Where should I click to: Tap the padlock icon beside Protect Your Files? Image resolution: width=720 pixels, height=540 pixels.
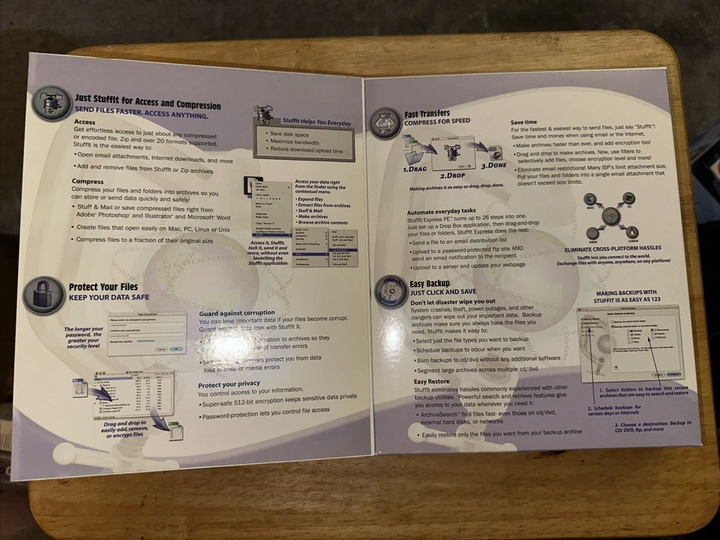click(43, 294)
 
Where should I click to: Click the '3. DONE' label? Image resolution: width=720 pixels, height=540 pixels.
click(495, 166)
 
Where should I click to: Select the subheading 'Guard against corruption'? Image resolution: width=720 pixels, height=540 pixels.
click(237, 313)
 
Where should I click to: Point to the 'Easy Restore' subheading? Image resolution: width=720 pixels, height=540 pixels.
click(432, 381)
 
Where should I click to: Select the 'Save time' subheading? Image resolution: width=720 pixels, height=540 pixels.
click(523, 121)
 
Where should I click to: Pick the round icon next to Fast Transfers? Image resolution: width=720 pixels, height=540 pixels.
click(385, 122)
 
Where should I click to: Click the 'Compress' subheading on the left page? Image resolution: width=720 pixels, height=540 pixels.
click(88, 181)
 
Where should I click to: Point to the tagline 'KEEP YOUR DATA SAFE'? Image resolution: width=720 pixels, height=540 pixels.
click(111, 297)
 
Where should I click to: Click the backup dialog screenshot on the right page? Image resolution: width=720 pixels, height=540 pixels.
click(629, 343)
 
